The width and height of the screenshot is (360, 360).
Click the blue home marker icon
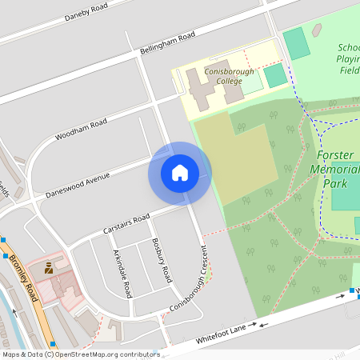click(180, 173)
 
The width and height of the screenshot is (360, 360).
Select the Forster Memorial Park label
click(338, 168)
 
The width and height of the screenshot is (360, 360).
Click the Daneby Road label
click(86, 13)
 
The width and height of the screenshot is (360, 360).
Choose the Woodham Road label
click(81, 129)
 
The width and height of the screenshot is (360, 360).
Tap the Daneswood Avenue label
click(77, 185)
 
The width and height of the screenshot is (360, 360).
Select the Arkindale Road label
click(122, 273)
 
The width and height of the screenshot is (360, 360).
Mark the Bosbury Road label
click(161, 261)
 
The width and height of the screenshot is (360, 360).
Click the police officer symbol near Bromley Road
click(49, 268)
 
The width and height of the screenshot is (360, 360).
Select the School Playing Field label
click(349, 58)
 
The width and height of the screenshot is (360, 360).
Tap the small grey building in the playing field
click(317, 30)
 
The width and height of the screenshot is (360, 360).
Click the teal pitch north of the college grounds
click(297, 42)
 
